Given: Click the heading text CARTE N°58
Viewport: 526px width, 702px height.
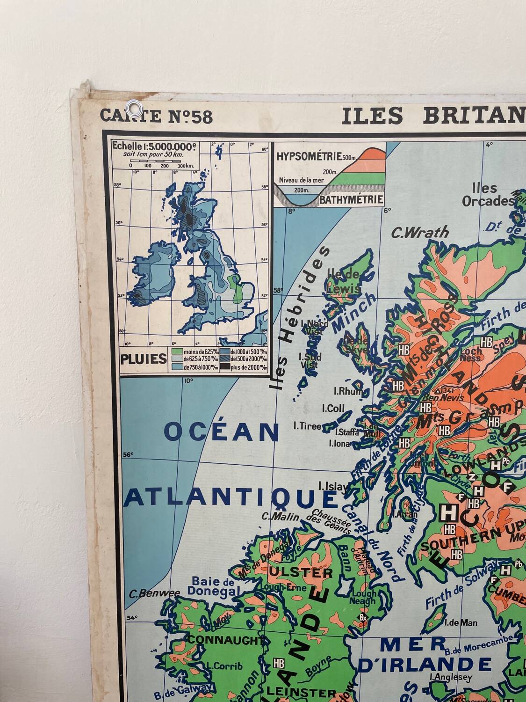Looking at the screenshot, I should point(156,116).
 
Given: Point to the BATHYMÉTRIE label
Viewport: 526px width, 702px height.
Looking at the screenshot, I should point(351,200).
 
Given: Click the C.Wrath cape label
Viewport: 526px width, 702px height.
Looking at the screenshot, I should point(420,232).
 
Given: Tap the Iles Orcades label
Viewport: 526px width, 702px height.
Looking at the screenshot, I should point(487,195).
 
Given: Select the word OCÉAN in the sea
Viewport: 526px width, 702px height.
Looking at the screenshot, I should point(222,431).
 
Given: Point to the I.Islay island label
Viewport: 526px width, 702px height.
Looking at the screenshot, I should point(333,486).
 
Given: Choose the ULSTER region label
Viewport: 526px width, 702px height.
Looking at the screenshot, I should point(294,572).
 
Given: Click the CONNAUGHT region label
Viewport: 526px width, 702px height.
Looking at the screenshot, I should point(223,639).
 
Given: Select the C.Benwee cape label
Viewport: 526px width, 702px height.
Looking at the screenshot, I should point(154,594).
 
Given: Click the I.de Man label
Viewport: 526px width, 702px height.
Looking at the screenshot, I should point(461,622).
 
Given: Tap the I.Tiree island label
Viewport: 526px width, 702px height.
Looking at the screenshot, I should point(307,425).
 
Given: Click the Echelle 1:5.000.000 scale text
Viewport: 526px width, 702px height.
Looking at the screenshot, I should point(154,146).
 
